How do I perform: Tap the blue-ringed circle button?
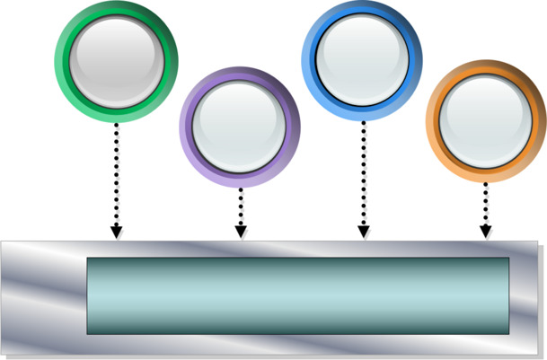[x=363, y=60]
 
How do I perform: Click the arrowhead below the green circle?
[x=116, y=233]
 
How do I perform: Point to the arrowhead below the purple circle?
[x=240, y=233]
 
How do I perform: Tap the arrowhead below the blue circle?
[x=364, y=233]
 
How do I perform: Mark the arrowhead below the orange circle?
[x=486, y=232]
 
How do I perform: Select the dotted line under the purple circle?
[x=240, y=206]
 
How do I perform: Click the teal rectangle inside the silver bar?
[x=297, y=295]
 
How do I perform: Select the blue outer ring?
[x=308, y=60]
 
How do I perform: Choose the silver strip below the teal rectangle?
[x=297, y=345]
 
